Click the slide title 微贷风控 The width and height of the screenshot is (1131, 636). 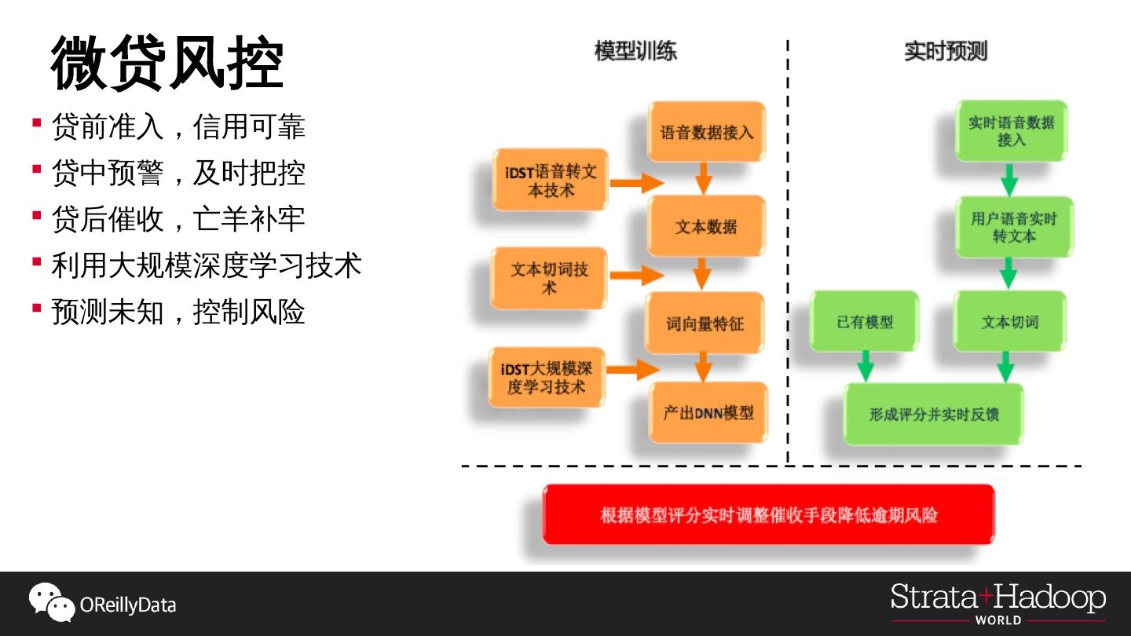(167, 64)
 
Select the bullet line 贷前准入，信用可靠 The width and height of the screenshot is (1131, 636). (178, 126)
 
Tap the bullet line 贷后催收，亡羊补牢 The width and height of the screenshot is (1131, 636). (178, 219)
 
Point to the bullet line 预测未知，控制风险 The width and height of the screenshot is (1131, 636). (178, 312)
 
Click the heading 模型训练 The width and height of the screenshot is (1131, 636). (635, 52)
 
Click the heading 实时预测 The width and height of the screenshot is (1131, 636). (945, 52)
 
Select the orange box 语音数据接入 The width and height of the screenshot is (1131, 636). (706, 132)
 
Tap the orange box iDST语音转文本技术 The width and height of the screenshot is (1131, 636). (550, 181)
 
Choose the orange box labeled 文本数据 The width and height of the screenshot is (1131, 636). (706, 227)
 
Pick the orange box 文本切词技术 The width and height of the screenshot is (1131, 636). (549, 279)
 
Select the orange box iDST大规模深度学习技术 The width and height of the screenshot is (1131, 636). (547, 378)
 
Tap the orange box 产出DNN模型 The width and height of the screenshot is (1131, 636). (708, 413)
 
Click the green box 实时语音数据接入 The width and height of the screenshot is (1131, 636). (1011, 131)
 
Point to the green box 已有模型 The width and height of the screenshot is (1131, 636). (865, 321)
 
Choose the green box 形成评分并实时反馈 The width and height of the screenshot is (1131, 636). (933, 414)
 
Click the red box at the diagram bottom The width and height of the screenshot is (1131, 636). (768, 514)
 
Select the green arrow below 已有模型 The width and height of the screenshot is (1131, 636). (866, 366)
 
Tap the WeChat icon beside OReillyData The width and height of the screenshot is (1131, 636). (51, 602)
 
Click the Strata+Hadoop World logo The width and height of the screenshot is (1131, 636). (997, 603)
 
